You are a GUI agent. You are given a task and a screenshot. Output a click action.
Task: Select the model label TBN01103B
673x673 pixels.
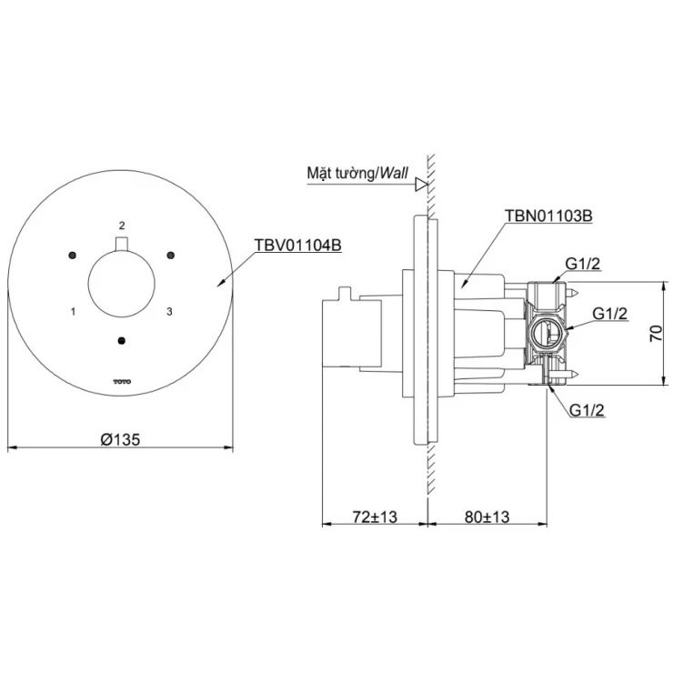tap(549, 218)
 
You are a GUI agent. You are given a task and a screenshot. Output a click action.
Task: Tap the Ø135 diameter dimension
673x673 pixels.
tap(119, 438)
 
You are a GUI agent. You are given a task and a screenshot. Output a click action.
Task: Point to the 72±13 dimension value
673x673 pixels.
tap(375, 517)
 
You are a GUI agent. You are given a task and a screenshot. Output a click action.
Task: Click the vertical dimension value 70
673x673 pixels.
tap(657, 334)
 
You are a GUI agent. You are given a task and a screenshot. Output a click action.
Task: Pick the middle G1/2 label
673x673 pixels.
tap(610, 313)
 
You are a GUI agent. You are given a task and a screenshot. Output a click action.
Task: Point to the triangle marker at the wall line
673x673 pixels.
tap(420, 185)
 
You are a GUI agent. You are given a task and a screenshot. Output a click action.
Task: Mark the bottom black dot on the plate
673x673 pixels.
tap(121, 342)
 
